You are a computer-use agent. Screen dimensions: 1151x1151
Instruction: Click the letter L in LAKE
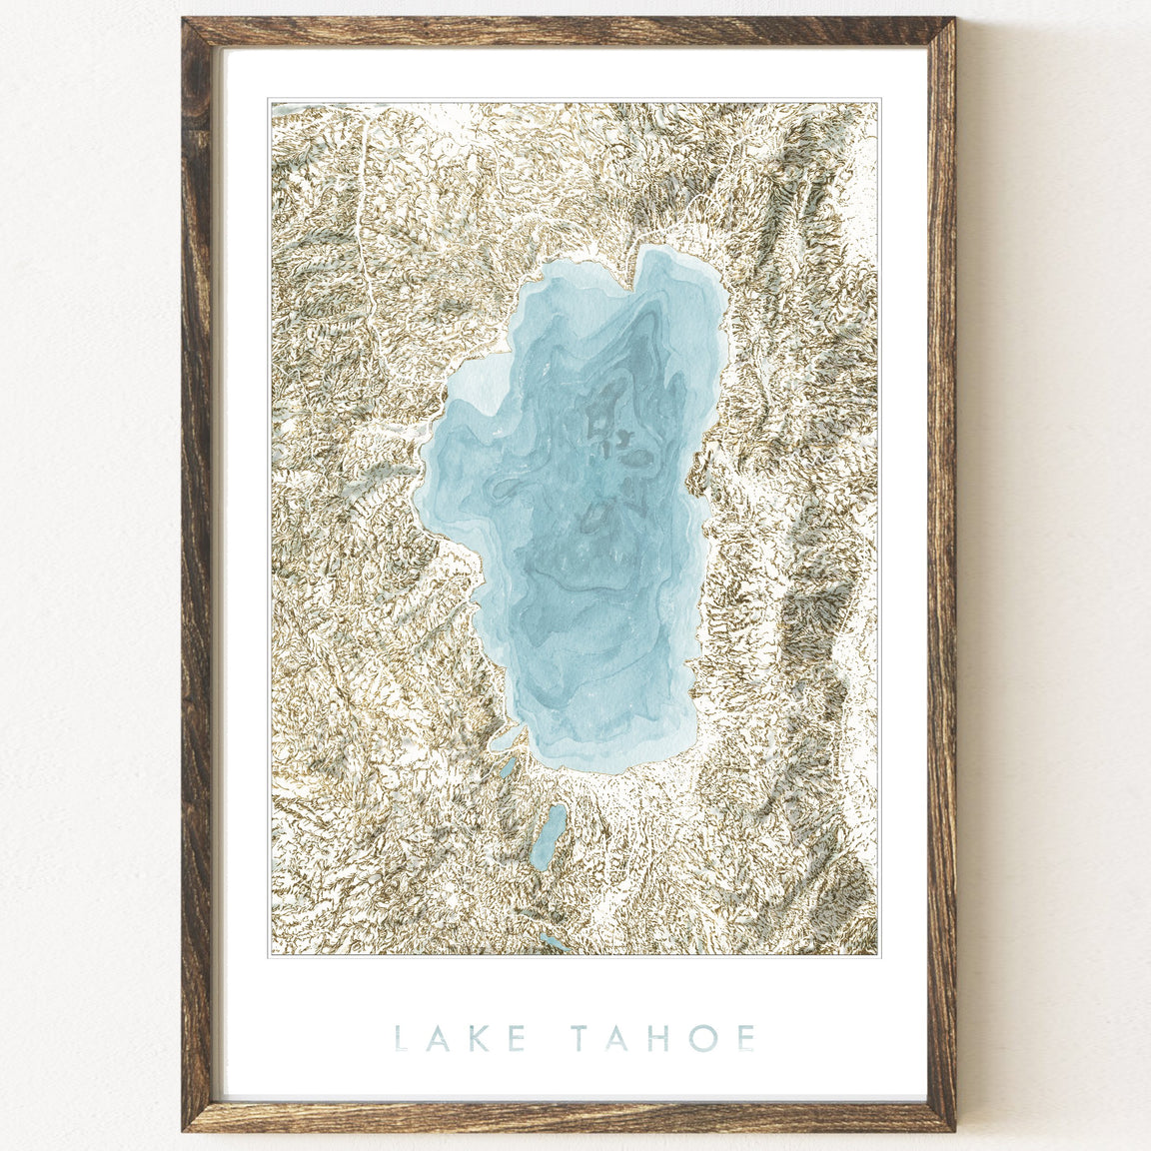[402, 1038]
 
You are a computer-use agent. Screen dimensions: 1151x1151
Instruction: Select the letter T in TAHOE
[585, 1038]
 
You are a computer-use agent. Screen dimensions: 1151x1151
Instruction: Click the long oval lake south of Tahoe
[548, 837]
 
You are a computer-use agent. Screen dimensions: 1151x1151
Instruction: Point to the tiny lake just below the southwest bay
[509, 767]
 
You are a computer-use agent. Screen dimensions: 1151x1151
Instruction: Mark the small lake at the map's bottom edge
[553, 942]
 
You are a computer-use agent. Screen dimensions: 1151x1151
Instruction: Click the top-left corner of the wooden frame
[190, 26]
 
